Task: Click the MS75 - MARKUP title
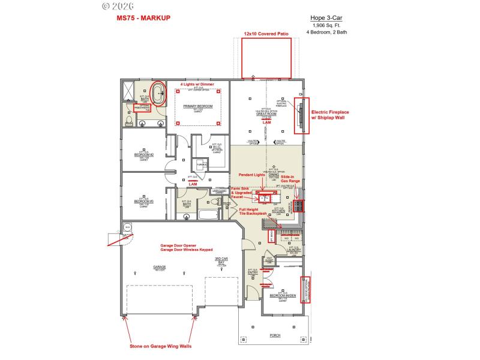coord(143,18)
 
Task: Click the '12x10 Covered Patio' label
coord(266,34)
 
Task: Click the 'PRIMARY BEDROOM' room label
coord(199,106)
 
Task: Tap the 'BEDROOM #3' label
coord(144,196)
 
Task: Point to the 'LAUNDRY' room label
coord(293,250)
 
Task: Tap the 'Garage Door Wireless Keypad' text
coord(186,250)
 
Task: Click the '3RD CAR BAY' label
coord(222,261)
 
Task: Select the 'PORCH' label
coord(275,335)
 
